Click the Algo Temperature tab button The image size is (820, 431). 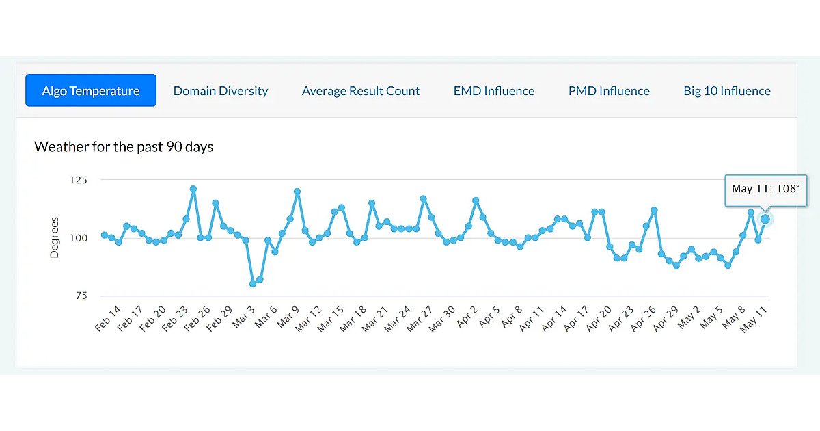click(91, 90)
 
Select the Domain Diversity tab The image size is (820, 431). click(221, 91)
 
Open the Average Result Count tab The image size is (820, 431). click(361, 91)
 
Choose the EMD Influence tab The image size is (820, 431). click(494, 91)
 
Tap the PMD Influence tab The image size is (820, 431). click(609, 91)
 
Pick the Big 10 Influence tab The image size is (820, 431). click(727, 91)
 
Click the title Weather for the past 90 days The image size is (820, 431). click(124, 146)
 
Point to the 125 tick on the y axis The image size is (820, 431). click(80, 180)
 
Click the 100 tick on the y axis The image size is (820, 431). click(80, 238)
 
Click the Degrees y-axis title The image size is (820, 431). click(55, 237)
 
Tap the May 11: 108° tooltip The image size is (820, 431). click(765, 189)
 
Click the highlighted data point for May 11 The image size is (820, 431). click(765, 219)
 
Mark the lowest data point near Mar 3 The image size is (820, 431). click(253, 283)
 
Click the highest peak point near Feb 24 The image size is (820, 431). click(193, 189)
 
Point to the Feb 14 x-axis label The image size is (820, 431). click(108, 319)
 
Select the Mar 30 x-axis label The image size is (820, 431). click(441, 319)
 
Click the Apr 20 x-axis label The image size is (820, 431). click(599, 319)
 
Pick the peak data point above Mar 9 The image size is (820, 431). click(297, 192)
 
